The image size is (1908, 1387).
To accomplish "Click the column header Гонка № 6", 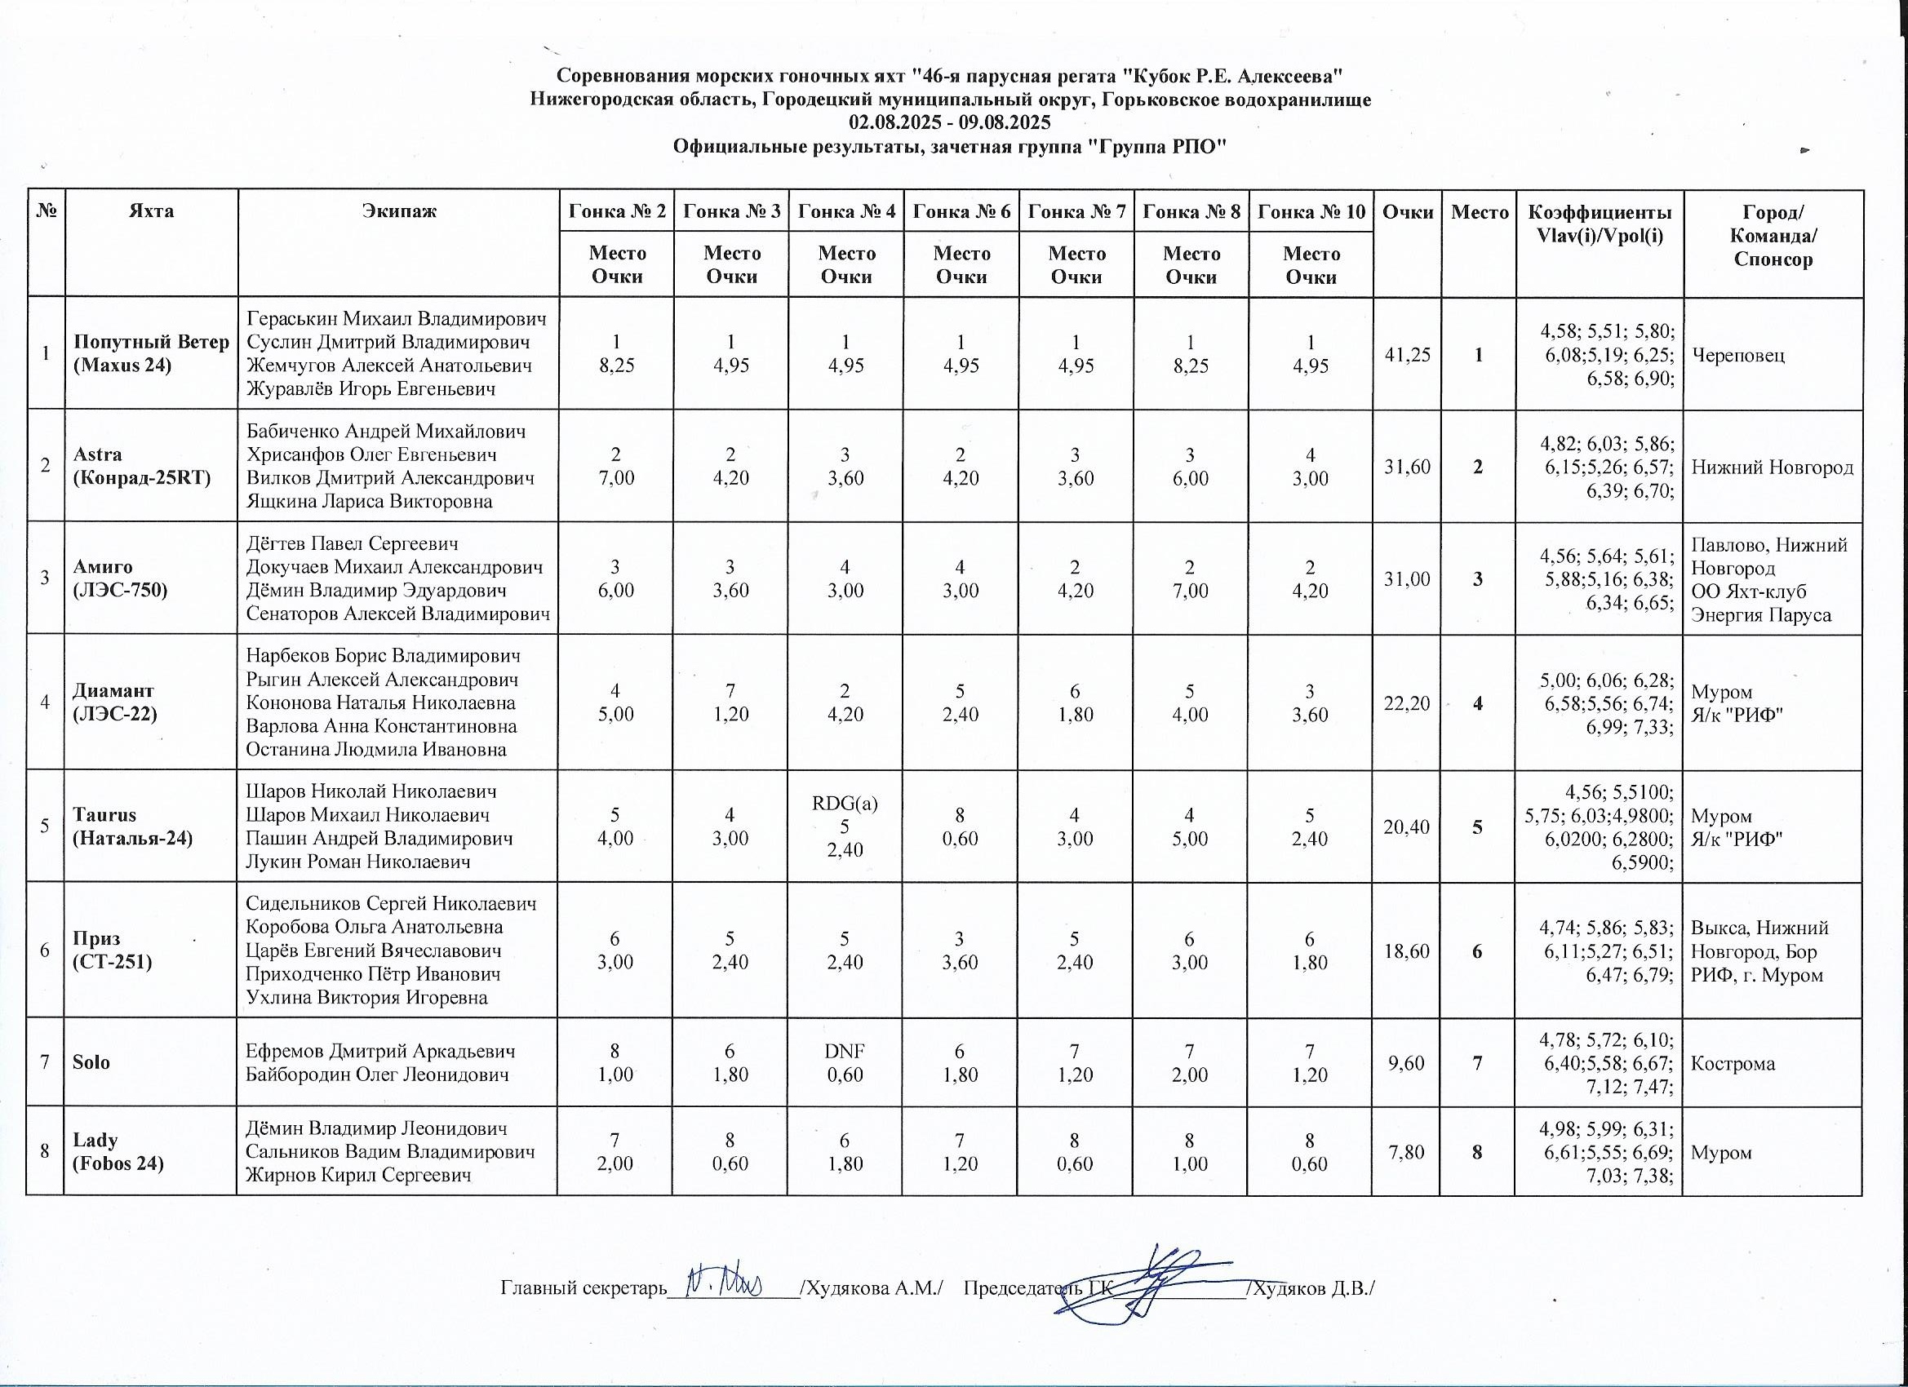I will [x=961, y=211].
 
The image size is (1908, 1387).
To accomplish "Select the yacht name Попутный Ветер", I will [x=152, y=343].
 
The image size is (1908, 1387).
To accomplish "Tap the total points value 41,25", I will [x=1407, y=354].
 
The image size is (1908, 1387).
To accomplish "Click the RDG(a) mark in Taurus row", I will [x=845, y=804].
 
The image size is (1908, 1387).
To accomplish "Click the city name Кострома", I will [x=1733, y=1063].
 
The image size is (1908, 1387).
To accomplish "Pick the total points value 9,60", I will [x=1407, y=1063].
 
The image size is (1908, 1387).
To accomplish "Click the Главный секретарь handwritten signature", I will [x=725, y=1285].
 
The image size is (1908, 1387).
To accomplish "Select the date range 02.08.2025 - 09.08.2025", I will [x=950, y=123].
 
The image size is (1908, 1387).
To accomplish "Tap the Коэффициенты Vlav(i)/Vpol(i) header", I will [x=1600, y=224].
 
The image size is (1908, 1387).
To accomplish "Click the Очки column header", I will [x=1407, y=212].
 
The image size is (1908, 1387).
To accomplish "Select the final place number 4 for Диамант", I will [x=1477, y=702].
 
